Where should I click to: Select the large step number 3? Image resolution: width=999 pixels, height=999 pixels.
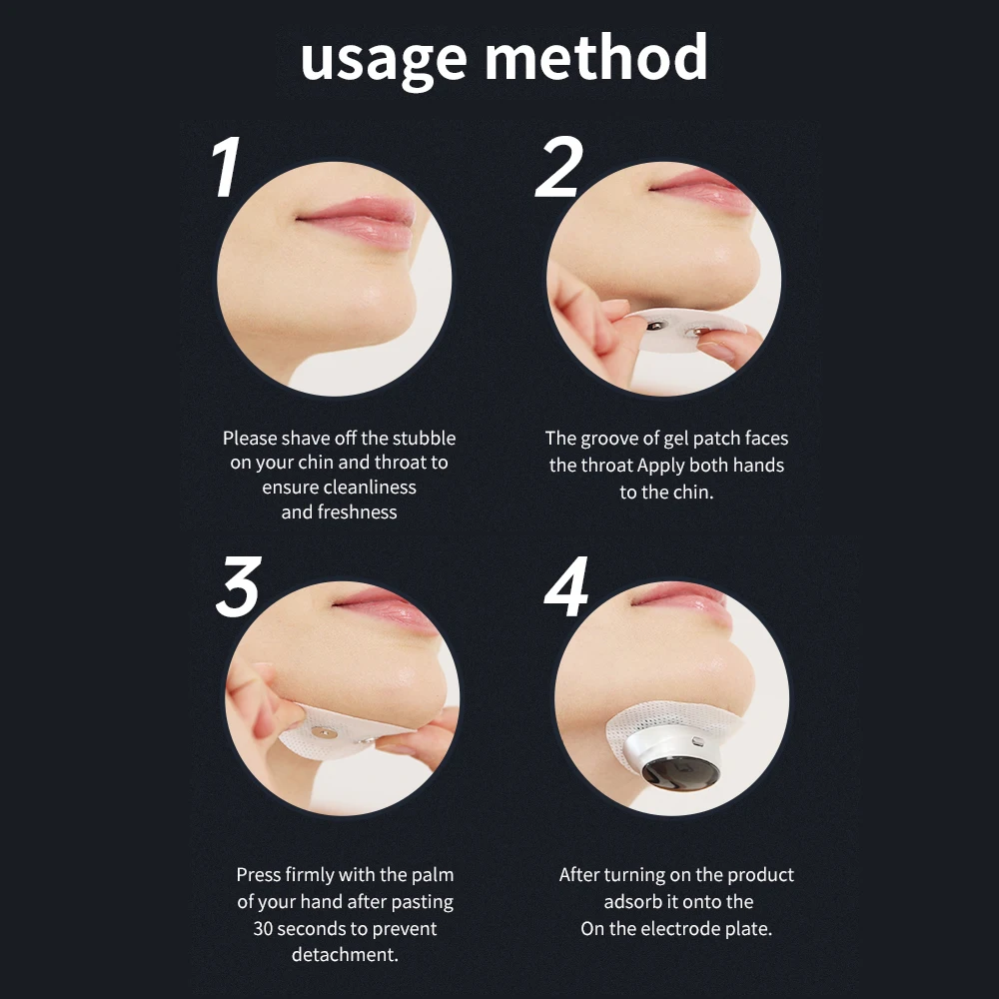coord(238,586)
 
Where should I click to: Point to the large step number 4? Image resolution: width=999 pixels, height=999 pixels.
coord(565,589)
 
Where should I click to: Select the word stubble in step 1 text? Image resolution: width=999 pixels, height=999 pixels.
coord(424,438)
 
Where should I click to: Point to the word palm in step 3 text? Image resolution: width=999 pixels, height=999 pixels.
coord(433,874)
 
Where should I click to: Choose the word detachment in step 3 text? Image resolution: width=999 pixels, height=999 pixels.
coord(345,955)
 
